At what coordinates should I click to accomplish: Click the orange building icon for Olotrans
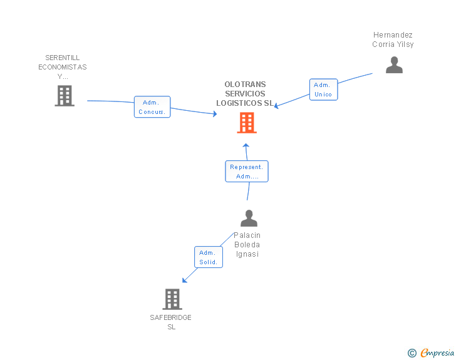(x=247, y=123)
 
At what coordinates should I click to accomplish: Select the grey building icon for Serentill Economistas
(x=65, y=96)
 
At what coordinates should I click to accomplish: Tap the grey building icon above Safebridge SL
(x=172, y=299)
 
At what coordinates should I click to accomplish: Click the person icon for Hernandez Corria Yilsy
(x=394, y=65)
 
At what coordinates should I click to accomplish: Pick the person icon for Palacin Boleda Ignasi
(x=249, y=219)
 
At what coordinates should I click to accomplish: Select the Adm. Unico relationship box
(x=323, y=90)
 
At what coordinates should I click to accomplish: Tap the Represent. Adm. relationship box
(x=247, y=172)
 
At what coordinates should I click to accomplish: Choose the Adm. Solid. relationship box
(x=207, y=257)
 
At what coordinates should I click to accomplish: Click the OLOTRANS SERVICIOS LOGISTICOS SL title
(x=246, y=94)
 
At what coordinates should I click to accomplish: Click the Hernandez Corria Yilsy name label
(x=393, y=39)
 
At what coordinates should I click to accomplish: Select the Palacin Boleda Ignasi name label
(x=247, y=244)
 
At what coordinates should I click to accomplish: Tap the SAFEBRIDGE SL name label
(x=171, y=322)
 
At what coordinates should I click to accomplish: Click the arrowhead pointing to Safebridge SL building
(x=184, y=279)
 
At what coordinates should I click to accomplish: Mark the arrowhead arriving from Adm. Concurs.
(x=214, y=114)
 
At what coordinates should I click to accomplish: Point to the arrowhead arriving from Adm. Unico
(x=277, y=106)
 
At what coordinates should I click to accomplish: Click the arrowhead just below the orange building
(x=246, y=145)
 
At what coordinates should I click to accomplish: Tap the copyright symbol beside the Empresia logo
(x=412, y=353)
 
